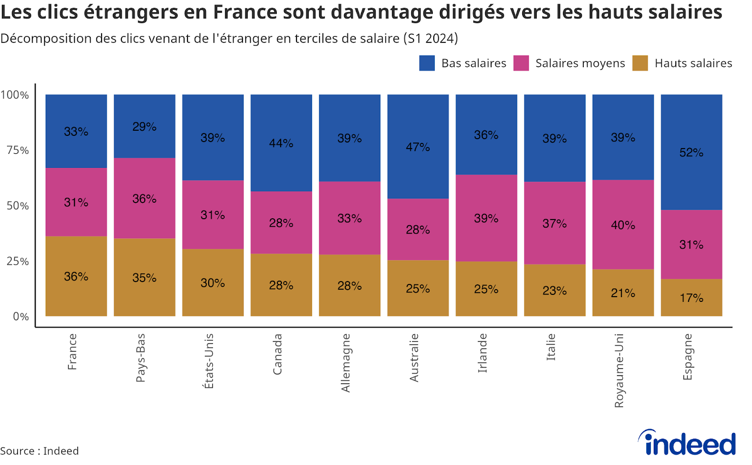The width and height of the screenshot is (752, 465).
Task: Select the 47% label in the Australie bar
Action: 418,147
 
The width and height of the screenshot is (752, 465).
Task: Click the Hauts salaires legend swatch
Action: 640,63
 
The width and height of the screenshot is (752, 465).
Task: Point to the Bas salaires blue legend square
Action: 427,63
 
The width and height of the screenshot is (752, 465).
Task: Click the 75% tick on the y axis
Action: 18,150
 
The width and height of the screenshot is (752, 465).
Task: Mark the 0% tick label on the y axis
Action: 21,316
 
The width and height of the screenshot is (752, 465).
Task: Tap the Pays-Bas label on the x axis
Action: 141,357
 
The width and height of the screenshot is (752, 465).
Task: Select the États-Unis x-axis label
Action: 209,361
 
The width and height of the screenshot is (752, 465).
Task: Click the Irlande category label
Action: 483,353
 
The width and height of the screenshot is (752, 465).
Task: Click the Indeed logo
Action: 687,443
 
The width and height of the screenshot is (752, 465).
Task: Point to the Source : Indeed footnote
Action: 39,451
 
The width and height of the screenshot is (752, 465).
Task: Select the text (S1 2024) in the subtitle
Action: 431,39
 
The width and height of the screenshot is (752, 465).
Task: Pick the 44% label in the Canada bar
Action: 281,143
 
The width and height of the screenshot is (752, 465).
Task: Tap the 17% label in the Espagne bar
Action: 691,298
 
